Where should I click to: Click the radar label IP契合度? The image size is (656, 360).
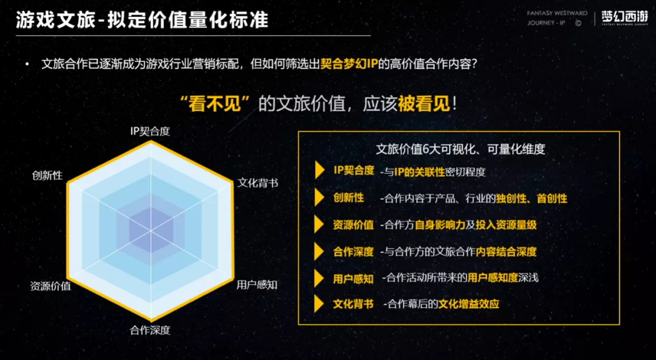(x=150, y=131)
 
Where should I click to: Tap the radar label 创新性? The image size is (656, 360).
(x=47, y=175)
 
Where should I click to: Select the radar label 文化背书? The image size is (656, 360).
(x=258, y=183)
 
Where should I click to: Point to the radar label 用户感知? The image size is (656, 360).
(x=257, y=285)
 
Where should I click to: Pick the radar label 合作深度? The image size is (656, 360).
(x=150, y=330)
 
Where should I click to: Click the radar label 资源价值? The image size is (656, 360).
(x=50, y=286)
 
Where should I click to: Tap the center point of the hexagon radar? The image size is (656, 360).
(x=151, y=230)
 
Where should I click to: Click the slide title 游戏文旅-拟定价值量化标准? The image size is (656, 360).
(x=142, y=20)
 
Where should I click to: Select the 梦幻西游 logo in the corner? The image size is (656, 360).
(x=624, y=18)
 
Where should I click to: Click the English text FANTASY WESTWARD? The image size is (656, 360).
(x=557, y=13)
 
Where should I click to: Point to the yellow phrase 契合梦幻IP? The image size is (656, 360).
(x=349, y=64)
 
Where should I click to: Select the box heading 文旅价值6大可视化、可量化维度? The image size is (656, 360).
(x=460, y=149)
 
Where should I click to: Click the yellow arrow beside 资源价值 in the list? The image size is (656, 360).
(x=319, y=225)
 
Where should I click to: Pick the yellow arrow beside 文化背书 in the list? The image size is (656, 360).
(x=319, y=304)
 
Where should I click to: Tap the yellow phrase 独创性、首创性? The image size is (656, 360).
(x=531, y=199)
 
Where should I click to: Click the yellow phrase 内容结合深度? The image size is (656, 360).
(x=506, y=252)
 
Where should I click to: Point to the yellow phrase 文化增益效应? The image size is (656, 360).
(x=468, y=304)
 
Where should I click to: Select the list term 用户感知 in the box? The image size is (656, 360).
(x=353, y=279)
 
